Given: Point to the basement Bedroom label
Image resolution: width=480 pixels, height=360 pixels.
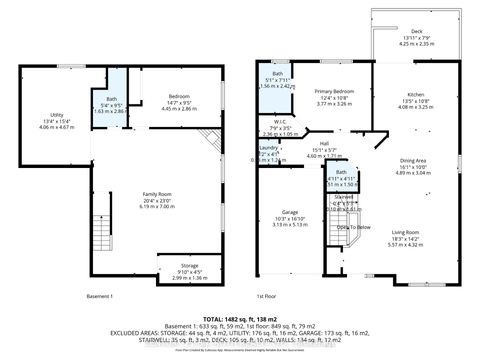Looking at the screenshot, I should coord(180,95).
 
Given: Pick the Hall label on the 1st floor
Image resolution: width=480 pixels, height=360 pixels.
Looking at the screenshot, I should coord(324,143).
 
